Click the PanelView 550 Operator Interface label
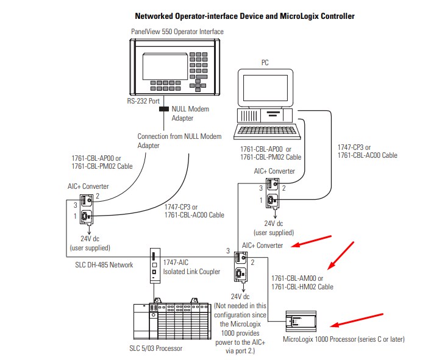pos(177,31)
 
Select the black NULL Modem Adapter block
pos(163,110)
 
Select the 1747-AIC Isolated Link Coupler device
pos(154,266)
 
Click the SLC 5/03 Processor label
pos(156,348)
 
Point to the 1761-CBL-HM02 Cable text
pos(302,286)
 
